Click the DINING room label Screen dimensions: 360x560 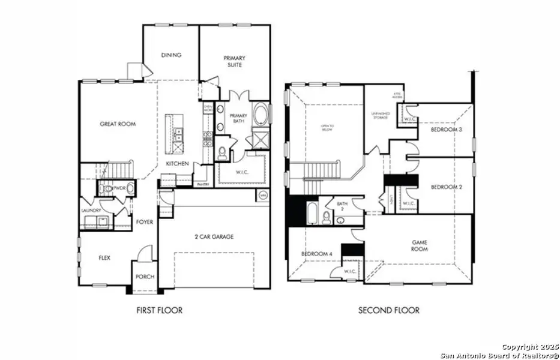tap(171, 55)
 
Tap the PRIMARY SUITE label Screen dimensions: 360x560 tap(234, 61)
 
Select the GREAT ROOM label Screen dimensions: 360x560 tap(118, 124)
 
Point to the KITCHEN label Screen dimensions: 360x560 tap(178, 164)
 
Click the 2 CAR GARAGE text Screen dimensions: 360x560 tap(214, 236)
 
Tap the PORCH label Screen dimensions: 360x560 tap(145, 277)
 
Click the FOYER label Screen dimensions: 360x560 tap(144, 222)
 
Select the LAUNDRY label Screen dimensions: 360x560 tap(91, 211)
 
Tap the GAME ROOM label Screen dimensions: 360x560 tap(419, 245)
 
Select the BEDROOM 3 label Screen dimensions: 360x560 tap(446, 130)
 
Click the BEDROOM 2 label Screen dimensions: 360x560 tap(446, 187)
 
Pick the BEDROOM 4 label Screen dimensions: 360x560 tap(316, 254)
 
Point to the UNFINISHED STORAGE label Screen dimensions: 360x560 tap(381, 116)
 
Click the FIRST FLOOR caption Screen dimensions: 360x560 tap(159, 310)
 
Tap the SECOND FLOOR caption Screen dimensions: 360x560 tap(389, 310)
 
